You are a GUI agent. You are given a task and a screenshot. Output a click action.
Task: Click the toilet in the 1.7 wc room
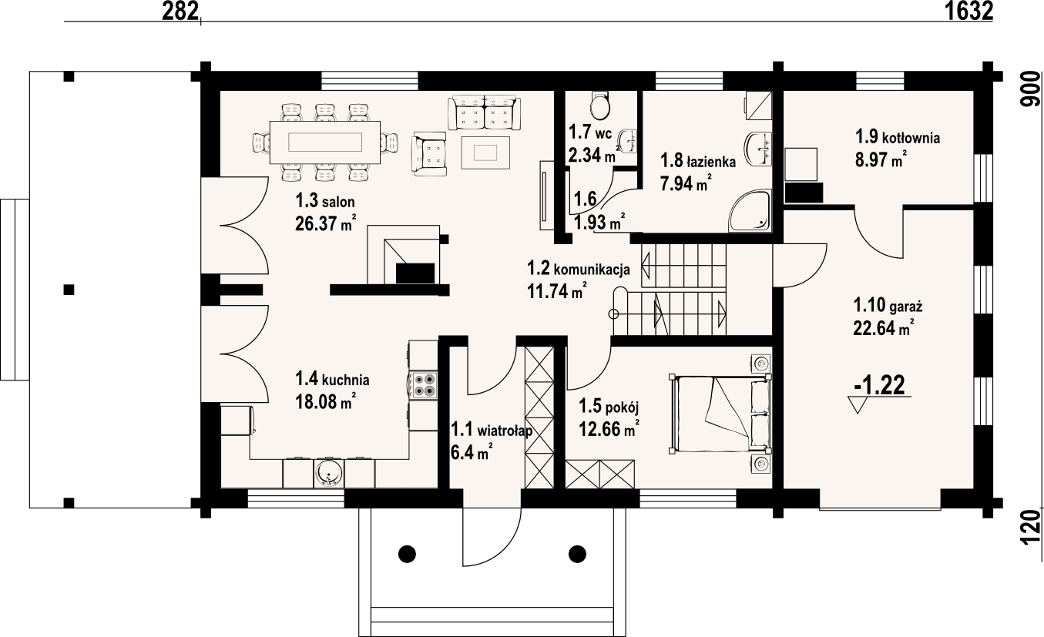point(599,106)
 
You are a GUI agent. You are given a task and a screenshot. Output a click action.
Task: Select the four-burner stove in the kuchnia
point(424,385)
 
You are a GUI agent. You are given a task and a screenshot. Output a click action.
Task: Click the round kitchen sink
point(328,474)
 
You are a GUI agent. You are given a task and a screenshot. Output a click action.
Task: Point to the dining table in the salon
point(325,142)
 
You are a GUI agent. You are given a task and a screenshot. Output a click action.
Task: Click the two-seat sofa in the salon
point(484,112)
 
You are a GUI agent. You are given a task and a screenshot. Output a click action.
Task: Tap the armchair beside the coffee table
point(429,154)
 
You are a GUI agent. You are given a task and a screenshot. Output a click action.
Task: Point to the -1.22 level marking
point(879,385)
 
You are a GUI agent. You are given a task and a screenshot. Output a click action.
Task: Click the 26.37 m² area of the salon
point(326,223)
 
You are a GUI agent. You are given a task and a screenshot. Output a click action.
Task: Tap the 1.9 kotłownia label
point(897,137)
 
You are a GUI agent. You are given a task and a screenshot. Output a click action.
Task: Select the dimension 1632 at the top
point(968,12)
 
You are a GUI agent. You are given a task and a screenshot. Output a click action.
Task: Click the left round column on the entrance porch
point(407,554)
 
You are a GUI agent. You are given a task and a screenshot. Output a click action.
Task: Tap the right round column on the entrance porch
point(577,554)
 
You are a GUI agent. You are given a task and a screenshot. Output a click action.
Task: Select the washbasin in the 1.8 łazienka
point(758,149)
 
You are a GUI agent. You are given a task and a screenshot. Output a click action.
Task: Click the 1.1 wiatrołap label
point(492,430)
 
